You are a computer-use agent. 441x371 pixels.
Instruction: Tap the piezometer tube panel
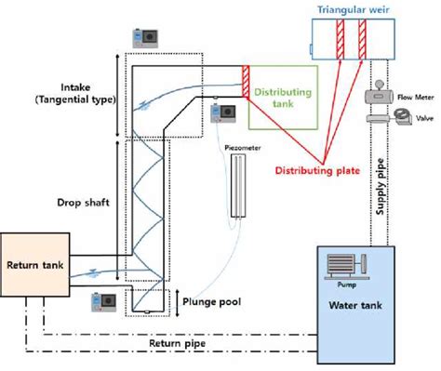tap(242, 186)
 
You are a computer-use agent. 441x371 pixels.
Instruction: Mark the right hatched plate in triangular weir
tap(363, 39)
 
